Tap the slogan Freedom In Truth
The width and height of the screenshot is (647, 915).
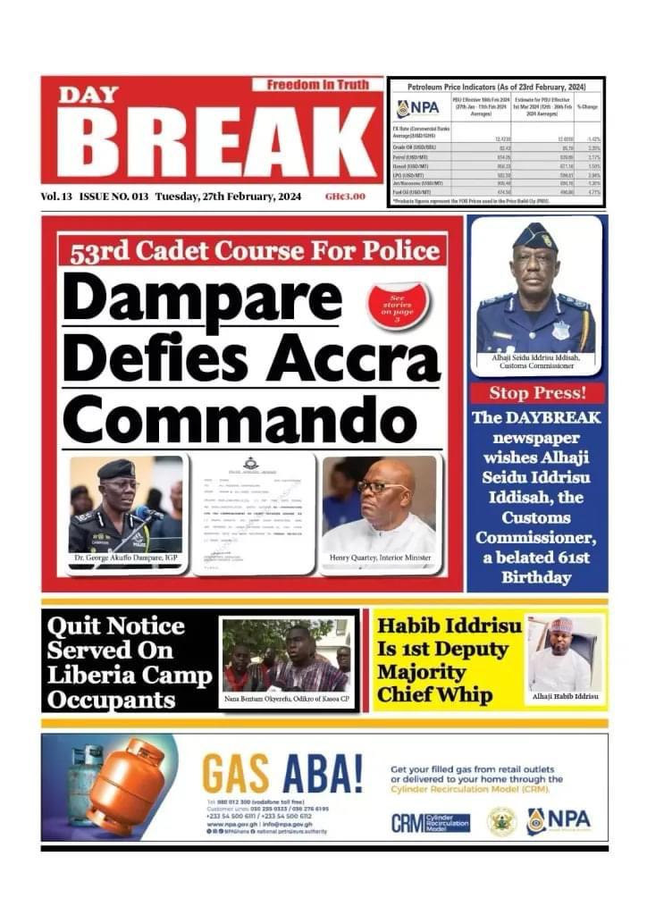[x=317, y=85]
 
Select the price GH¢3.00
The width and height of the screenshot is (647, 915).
[x=345, y=197]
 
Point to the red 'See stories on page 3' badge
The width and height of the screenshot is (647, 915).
[x=399, y=306]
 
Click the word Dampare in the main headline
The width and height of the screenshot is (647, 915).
[x=201, y=298]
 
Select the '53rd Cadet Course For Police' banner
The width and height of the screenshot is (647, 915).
[x=252, y=249]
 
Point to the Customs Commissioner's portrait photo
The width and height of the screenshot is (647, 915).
[x=535, y=286]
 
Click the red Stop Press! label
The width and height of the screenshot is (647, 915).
[x=536, y=393]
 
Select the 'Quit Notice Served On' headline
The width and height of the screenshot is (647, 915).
[x=116, y=638]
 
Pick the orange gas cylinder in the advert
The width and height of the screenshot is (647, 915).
[x=127, y=786]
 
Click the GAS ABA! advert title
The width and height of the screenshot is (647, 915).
[x=281, y=774]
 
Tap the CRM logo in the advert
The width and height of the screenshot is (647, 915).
[x=430, y=821]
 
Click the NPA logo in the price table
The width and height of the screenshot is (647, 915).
[x=417, y=109]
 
